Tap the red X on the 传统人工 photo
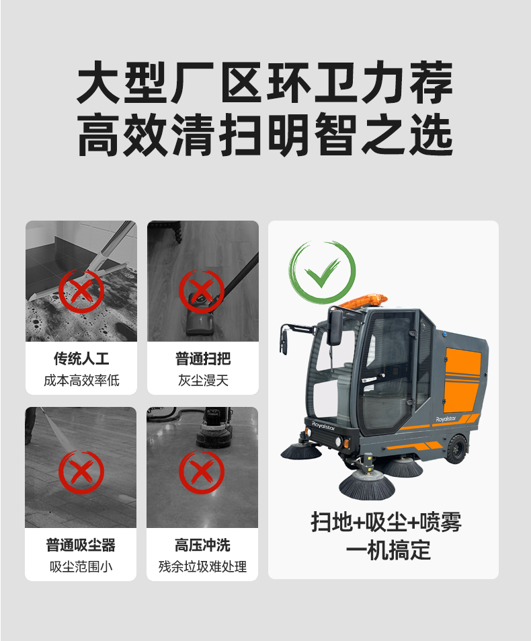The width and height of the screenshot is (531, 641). click(81, 291)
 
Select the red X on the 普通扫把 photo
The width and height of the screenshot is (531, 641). click(202, 291)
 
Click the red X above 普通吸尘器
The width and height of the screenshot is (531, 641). click(81, 472)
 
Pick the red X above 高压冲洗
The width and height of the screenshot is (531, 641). click(202, 472)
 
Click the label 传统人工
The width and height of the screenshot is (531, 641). click(81, 359)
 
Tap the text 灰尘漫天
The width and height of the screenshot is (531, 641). click(203, 381)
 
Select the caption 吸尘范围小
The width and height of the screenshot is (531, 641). click(81, 566)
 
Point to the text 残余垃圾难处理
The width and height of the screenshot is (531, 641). click(202, 566)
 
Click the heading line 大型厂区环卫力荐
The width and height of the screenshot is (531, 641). click(265, 82)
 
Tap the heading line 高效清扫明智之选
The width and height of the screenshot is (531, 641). click(265, 135)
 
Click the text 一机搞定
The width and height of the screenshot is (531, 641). click(388, 550)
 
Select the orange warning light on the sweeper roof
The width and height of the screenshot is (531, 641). click(364, 301)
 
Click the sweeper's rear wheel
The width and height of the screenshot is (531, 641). click(456, 449)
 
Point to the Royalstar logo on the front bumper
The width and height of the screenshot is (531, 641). click(323, 426)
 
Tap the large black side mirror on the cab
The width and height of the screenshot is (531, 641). click(335, 327)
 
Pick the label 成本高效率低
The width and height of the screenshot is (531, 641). click(81, 381)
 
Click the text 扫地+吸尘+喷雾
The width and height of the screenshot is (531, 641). click(386, 522)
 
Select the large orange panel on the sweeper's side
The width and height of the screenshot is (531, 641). click(463, 379)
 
